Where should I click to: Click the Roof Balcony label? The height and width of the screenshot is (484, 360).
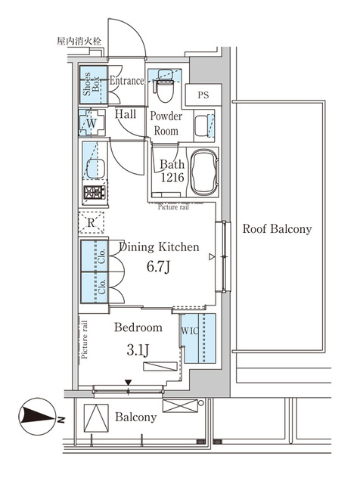pos(276,229)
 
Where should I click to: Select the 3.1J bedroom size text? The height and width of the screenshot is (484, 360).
pos(137,349)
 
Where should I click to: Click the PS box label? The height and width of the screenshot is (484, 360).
pos(203,95)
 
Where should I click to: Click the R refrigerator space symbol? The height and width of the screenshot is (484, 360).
pos(91,223)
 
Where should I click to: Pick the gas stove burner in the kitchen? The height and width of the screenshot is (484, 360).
pos(93,193)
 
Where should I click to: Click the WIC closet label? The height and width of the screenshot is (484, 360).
pos(188,330)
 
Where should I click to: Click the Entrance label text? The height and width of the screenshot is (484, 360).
pos(126,81)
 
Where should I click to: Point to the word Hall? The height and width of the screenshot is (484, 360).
pos(126,114)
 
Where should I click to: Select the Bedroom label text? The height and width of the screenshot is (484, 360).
pos(138,328)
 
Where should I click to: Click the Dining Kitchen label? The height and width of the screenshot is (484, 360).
pos(159,247)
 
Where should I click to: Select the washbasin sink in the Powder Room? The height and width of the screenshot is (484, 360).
pos(203,126)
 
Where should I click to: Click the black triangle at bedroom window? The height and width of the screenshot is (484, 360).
pos(128,383)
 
